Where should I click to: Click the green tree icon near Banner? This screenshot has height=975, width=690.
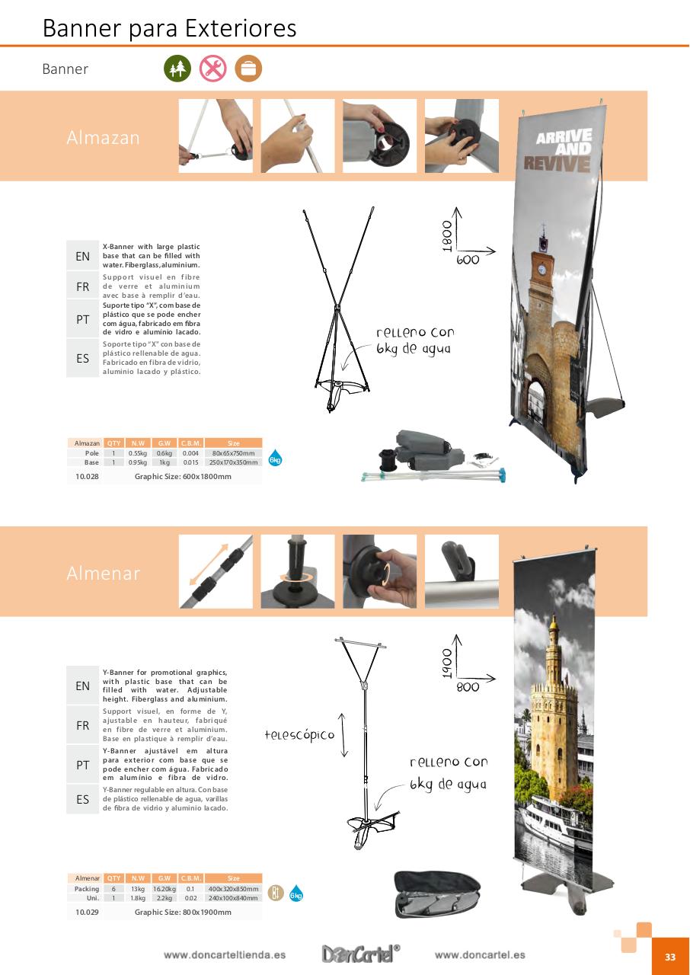tap(177, 69)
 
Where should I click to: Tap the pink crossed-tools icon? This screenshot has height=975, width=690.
tap(213, 69)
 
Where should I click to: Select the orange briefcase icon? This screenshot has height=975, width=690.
tap(248, 69)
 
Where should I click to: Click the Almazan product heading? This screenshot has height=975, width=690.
tap(104, 138)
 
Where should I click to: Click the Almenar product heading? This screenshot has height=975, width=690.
tap(104, 574)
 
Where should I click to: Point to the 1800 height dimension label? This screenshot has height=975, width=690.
tap(447, 235)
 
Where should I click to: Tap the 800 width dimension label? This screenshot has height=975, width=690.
tap(468, 687)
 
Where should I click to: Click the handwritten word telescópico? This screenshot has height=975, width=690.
tap(299, 735)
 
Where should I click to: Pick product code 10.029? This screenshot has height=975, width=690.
tap(87, 912)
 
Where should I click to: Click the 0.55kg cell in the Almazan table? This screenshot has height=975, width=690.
tap(138, 453)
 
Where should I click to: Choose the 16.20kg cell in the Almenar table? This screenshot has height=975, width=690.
tap(164, 889)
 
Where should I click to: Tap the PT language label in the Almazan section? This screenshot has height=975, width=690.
tap(83, 320)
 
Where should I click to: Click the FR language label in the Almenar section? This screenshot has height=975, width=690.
tap(83, 726)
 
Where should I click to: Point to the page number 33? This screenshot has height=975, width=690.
tap(670, 957)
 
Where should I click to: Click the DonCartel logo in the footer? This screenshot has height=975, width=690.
tap(360, 954)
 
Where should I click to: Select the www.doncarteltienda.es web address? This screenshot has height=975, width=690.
tap(225, 955)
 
